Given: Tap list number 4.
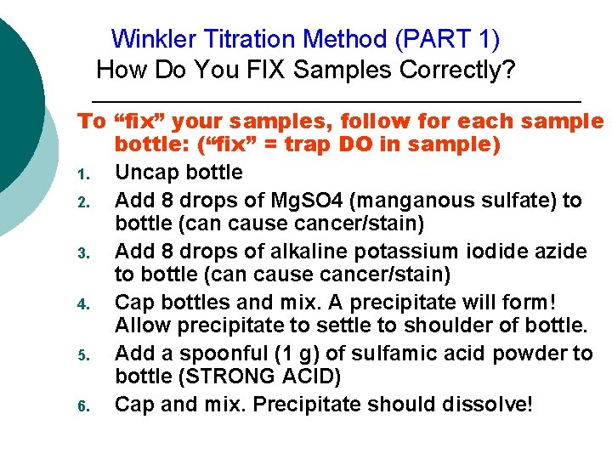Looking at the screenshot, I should pyautogui.click(x=83, y=304).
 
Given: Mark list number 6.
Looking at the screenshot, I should pyautogui.click(x=83, y=406).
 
